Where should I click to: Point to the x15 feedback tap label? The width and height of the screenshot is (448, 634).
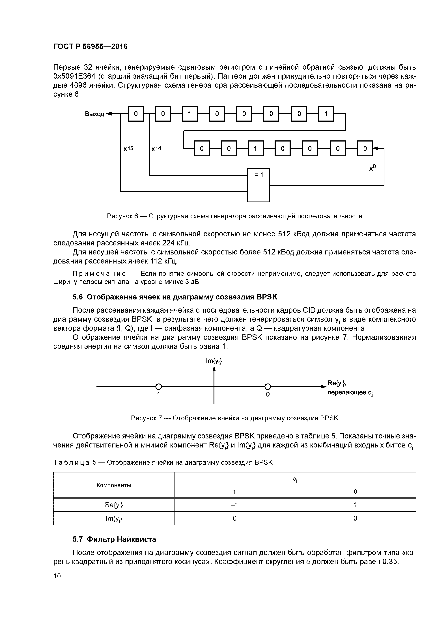pyautogui.click(x=128, y=149)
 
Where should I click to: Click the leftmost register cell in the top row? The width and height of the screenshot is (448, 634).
pyautogui.click(x=136, y=113)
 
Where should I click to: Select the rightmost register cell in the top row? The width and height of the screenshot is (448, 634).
pyautogui.click(x=326, y=113)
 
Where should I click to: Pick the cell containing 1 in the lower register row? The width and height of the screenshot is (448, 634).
pyautogui.click(x=256, y=149)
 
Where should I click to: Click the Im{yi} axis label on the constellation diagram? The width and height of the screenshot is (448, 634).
pyautogui.click(x=214, y=361)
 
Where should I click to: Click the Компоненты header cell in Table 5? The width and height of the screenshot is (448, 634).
pyautogui.click(x=114, y=485)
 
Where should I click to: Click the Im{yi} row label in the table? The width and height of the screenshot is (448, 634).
pyautogui.click(x=114, y=519)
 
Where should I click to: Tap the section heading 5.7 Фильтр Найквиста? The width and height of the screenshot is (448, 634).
pyautogui.click(x=114, y=539)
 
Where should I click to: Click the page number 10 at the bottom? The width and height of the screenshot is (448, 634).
pyautogui.click(x=57, y=576)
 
